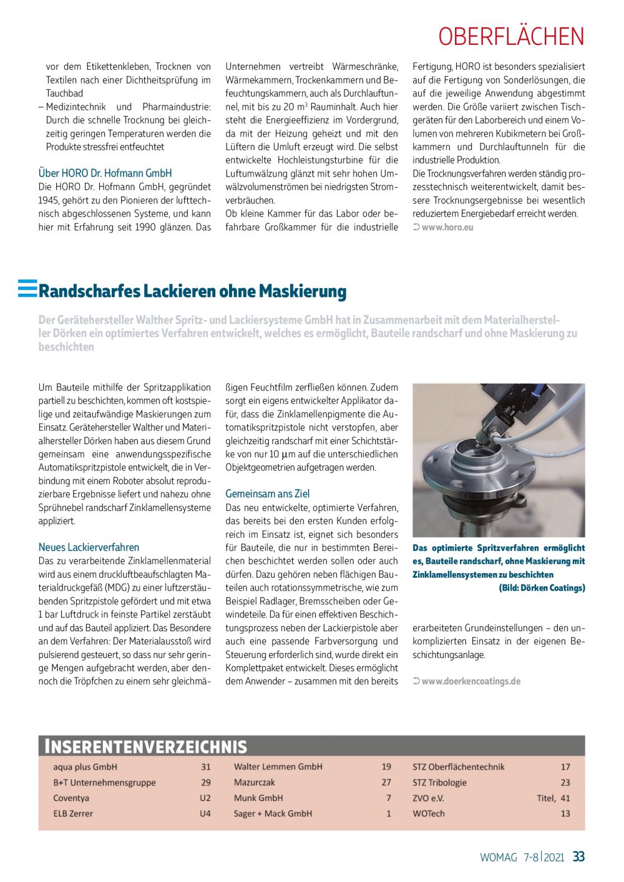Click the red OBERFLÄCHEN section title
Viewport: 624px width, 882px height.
511,37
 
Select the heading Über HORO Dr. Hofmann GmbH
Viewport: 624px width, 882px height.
105,173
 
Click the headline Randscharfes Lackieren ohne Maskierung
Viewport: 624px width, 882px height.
192,291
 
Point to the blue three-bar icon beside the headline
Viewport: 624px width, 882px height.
27,288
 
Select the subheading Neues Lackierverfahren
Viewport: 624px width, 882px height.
89,547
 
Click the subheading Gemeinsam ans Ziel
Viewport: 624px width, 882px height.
267,493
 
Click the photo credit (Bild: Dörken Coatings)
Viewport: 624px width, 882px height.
542,588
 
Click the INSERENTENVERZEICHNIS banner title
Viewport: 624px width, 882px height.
144,747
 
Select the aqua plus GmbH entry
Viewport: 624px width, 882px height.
85,767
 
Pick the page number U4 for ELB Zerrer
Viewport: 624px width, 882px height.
205,813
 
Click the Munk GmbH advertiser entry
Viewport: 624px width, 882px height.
258,798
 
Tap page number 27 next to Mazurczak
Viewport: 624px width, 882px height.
386,782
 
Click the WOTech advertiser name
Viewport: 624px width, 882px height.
429,813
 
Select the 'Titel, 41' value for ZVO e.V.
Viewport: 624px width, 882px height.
553,798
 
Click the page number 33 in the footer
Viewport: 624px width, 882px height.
578,856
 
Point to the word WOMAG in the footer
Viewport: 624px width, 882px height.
498,857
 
